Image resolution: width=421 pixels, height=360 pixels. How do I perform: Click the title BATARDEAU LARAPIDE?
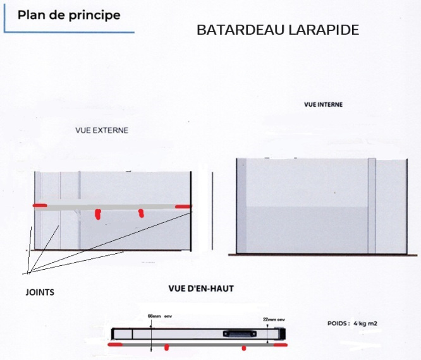coord(278,30)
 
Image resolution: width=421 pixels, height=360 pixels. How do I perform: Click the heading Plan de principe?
coord(69,15)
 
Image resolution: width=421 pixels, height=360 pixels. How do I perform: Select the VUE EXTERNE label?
coord(101,131)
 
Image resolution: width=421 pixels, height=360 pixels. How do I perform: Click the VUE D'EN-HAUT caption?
coord(200,289)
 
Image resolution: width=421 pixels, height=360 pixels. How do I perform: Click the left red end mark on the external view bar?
coord(40,207)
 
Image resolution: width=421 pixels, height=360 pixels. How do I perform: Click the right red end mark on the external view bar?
coord(183,207)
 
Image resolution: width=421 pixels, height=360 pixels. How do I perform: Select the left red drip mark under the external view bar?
coord(97,214)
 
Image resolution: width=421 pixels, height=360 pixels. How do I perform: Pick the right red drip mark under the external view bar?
coord(141,213)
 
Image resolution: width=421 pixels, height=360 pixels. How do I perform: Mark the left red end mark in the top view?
coord(116,345)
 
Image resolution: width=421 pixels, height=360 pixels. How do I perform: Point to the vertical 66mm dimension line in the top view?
coord(152,332)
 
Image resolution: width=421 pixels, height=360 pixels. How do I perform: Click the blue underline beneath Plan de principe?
coord(69,31)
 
